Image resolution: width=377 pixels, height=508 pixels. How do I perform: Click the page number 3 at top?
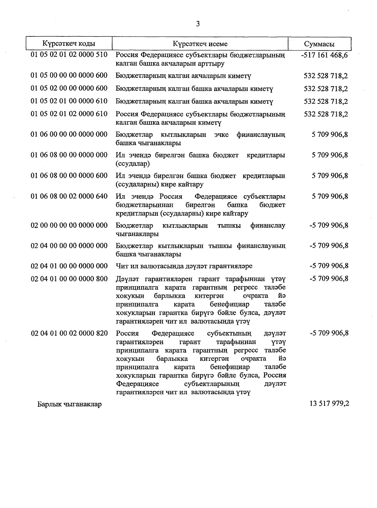pos(198,24)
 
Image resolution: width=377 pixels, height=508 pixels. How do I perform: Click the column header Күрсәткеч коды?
pos(69,44)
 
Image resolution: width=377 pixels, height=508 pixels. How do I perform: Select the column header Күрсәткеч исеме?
pos(200,44)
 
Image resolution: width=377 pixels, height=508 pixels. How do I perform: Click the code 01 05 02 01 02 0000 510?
pos(69,55)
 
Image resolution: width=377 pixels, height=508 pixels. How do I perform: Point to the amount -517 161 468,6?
pos(324,56)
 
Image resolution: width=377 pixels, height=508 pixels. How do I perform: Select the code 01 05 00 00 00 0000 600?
pos(69,76)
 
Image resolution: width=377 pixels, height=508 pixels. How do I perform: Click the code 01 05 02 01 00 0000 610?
pos(69,101)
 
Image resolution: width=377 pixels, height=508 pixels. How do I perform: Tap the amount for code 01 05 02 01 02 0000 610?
pos(326,114)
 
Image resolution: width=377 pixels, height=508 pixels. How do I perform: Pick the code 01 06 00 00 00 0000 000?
pos(69,135)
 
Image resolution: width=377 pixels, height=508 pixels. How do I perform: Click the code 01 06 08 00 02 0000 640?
pos(69,196)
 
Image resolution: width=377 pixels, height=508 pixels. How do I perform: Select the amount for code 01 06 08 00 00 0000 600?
pos(330,176)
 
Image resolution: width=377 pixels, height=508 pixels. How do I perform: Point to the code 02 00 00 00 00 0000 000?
pos(69,226)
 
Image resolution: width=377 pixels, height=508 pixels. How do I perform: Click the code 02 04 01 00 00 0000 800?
pos(69,279)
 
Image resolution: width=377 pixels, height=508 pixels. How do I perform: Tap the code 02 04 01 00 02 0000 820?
pos(69,333)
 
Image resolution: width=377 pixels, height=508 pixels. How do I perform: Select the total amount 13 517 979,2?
pos(329,404)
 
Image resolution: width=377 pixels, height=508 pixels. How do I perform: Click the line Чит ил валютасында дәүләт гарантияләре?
pos(184,266)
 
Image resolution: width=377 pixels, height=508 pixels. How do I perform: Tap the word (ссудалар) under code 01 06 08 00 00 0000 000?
pos(133,164)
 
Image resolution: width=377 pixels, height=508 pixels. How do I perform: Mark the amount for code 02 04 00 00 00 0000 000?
pos(329,246)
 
